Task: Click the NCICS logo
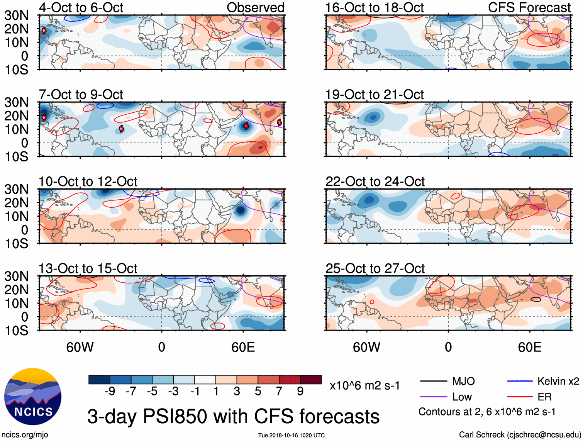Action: (33, 397)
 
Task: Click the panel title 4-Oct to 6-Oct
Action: (81, 7)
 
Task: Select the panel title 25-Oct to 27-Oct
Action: (375, 268)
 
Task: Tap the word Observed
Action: (256, 7)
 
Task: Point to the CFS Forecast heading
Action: (529, 7)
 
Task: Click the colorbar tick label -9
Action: (110, 392)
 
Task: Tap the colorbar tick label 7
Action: (279, 392)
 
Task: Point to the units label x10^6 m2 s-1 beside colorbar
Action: (364, 386)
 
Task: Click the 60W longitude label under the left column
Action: (80, 347)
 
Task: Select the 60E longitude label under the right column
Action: (530, 347)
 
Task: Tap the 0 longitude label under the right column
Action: (448, 347)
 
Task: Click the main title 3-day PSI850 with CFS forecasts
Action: (233, 416)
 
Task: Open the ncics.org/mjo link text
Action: (25, 435)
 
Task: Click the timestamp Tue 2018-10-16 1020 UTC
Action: (291, 436)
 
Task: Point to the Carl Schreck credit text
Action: (520, 435)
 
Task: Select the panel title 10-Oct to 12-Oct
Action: (88, 181)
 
